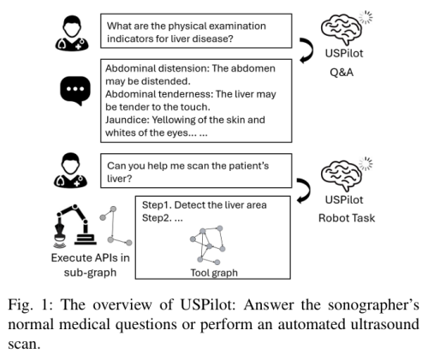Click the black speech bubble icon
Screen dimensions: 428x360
point(75,91)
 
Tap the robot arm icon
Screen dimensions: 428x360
point(75,226)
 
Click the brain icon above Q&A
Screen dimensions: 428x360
point(342,29)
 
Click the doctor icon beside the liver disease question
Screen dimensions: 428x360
point(72,33)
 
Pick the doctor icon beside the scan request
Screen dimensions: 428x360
point(71,170)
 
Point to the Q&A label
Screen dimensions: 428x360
point(342,73)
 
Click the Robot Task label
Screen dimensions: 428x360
point(347,218)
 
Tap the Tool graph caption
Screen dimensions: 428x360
point(214,273)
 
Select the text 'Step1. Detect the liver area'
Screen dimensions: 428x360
point(205,205)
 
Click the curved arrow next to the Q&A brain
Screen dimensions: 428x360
point(306,50)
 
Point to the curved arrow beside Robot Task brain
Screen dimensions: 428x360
point(304,192)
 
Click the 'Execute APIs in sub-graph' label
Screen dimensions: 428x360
point(90,265)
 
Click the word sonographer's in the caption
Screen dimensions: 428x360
point(373,305)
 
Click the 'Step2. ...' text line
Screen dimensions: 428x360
point(163,218)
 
